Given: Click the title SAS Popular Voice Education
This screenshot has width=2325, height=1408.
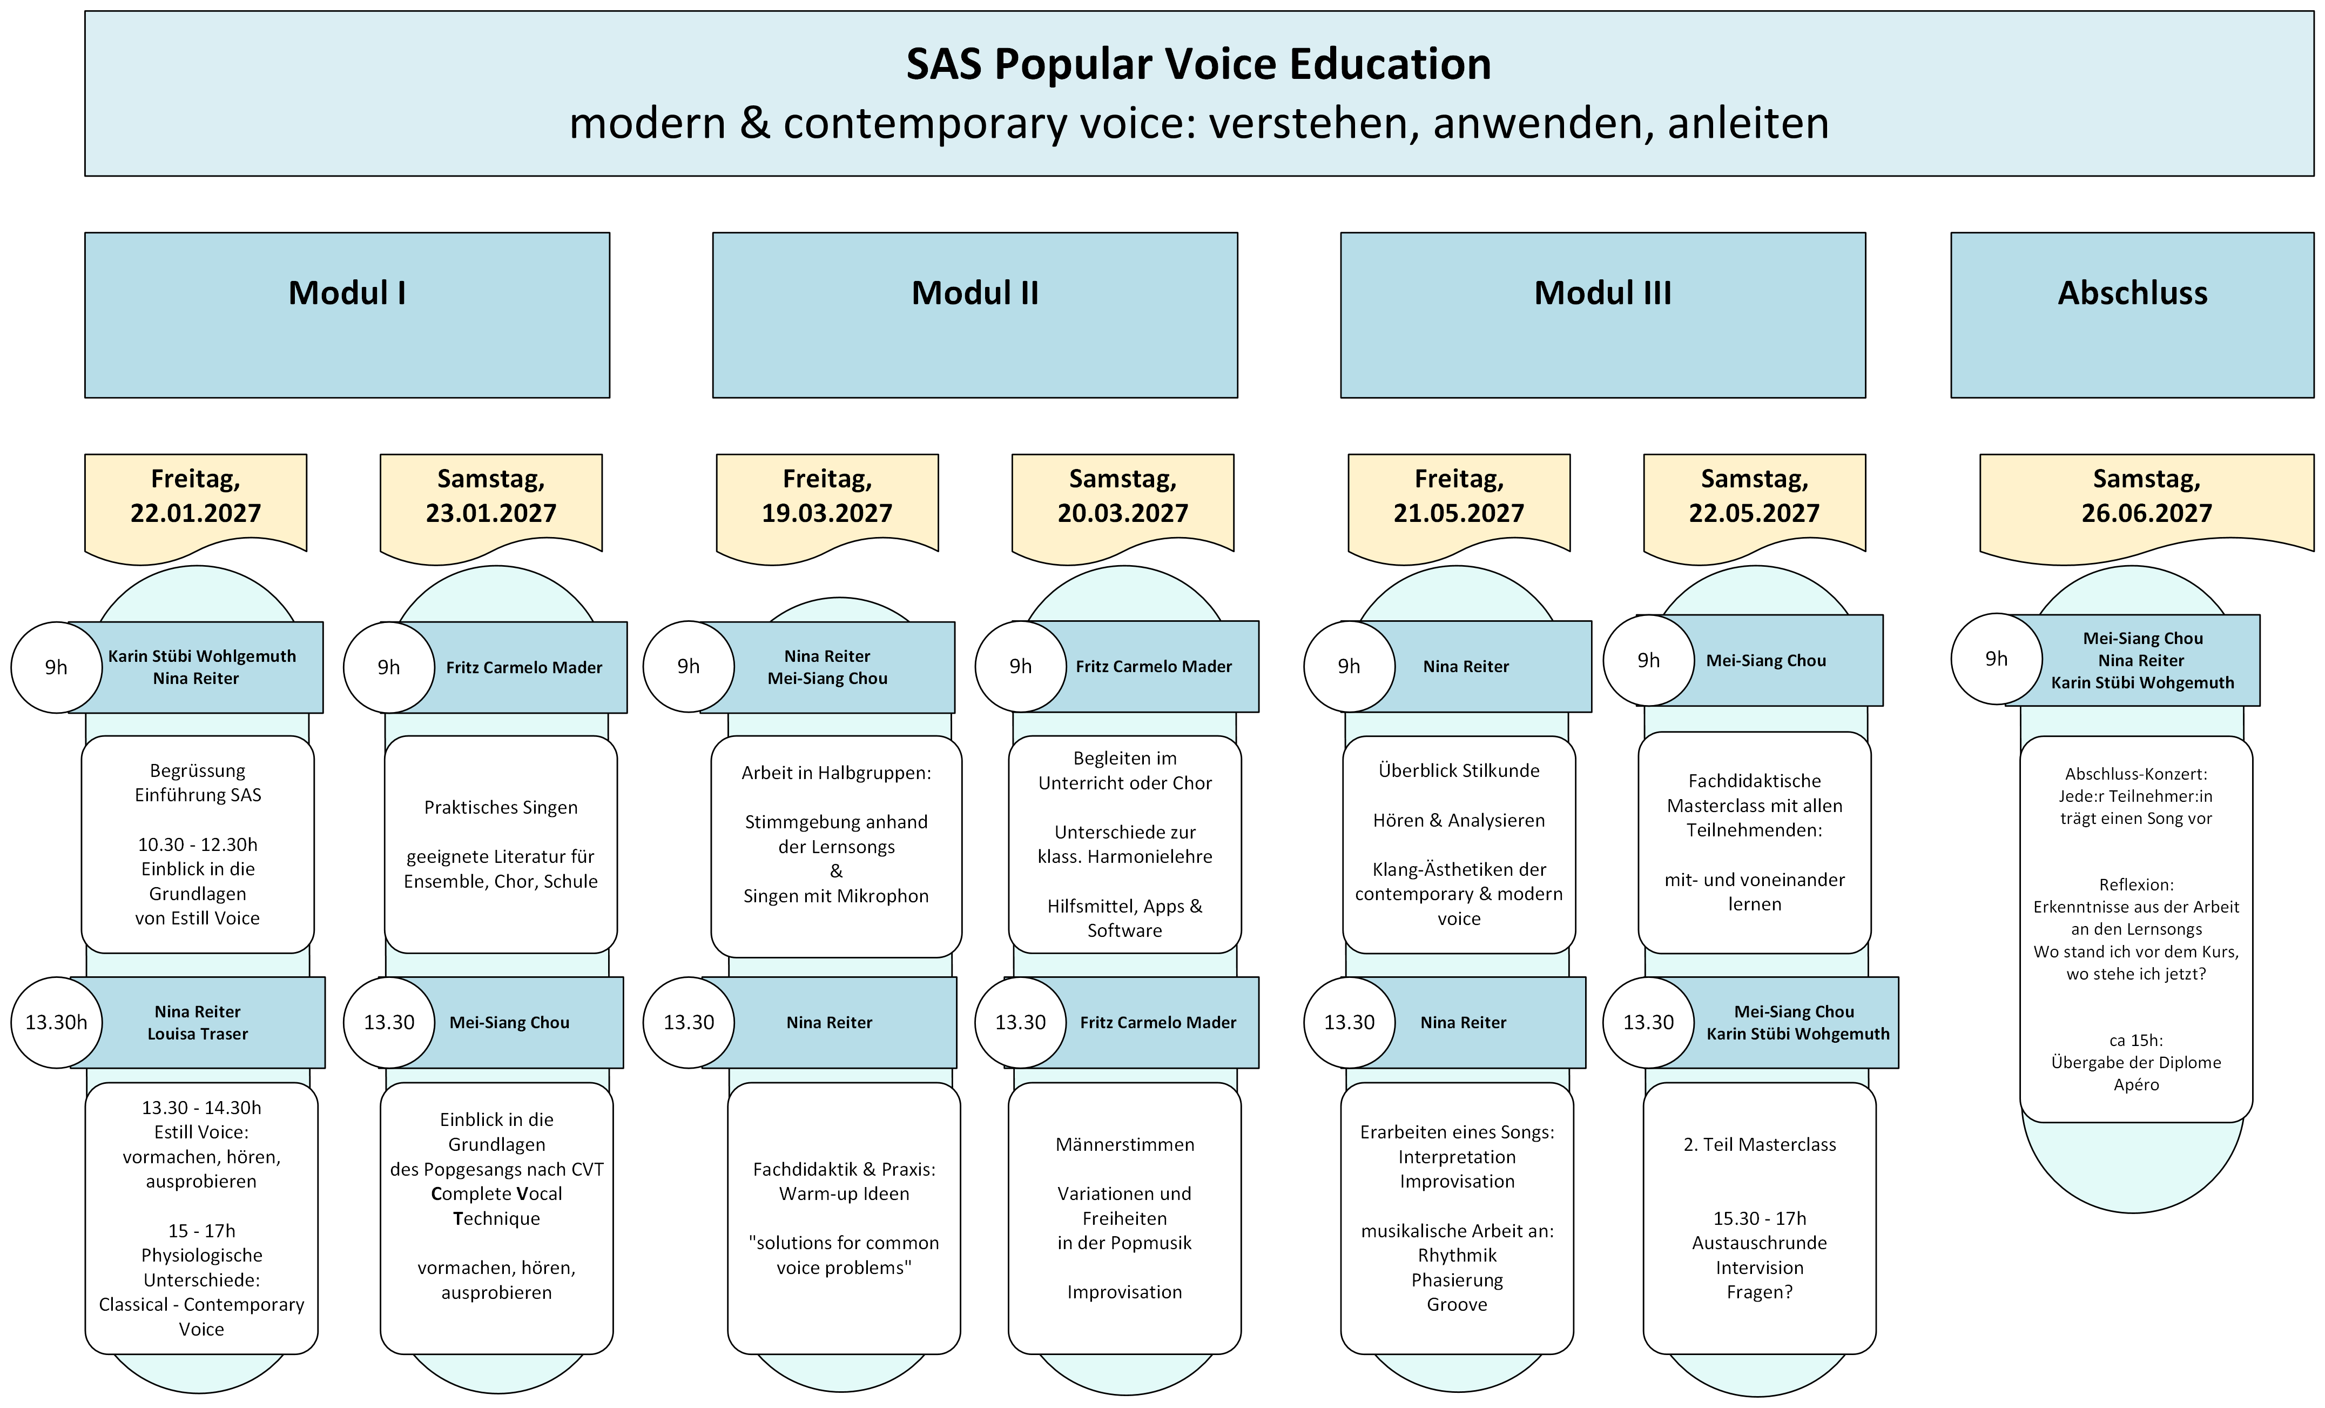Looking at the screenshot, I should (x=1198, y=64).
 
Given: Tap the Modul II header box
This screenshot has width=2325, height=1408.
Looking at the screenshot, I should (x=975, y=314).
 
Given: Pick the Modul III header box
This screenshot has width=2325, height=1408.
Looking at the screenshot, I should (x=1602, y=314).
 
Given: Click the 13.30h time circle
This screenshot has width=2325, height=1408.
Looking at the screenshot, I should (x=57, y=1022).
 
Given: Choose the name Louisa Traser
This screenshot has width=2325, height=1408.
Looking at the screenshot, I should (x=197, y=1034).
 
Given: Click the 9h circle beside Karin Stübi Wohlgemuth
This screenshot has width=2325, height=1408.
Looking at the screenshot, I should (x=57, y=667).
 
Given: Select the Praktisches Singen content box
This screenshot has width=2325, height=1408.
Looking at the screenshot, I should (x=500, y=844).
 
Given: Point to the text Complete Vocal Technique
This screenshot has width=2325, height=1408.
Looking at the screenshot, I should (x=496, y=1206).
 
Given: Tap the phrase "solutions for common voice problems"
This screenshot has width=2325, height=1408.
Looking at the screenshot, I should (x=844, y=1255).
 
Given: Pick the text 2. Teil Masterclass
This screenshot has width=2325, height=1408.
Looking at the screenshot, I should (x=1759, y=1145).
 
